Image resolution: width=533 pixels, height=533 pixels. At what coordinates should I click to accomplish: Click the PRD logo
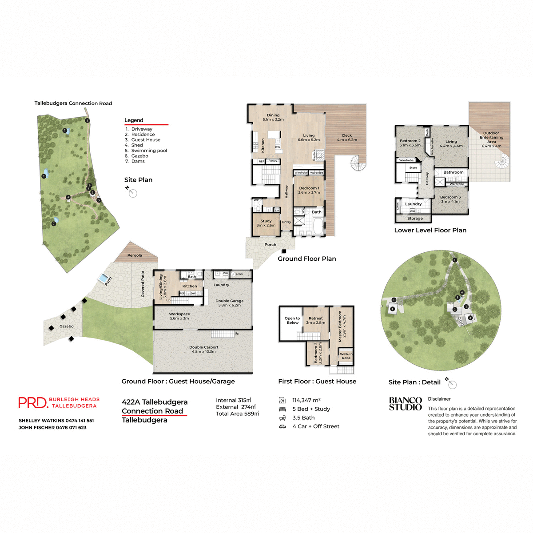coord(33,402)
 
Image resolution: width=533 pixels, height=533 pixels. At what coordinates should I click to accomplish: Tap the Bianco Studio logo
coord(405,404)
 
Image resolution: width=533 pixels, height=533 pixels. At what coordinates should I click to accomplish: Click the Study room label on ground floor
coord(266,223)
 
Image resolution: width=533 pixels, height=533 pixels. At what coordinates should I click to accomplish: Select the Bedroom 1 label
coord(309,190)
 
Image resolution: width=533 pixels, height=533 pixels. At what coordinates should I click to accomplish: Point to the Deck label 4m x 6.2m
coord(347,138)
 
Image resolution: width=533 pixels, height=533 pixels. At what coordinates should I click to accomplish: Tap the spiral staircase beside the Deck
coord(358,163)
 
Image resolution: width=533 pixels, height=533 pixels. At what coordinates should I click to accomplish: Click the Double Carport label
coord(203,349)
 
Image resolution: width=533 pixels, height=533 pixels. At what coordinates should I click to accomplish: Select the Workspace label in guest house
coord(179,316)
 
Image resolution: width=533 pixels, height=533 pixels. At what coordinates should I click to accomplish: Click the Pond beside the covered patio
coord(105,279)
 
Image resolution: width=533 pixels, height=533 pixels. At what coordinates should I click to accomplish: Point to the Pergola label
coord(135,255)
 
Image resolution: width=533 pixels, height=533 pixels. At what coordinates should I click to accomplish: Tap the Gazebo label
coord(67,326)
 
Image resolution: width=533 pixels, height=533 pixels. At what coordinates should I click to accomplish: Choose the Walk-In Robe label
coord(346,356)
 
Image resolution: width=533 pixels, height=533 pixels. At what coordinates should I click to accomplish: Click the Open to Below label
coord(292,320)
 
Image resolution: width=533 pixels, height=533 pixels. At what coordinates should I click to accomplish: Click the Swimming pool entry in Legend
coord(149,151)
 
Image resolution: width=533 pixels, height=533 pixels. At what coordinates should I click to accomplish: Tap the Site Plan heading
coord(138,180)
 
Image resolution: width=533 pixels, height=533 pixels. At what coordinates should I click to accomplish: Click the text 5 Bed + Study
coord(311,409)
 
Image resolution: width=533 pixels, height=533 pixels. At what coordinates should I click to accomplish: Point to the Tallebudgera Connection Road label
coord(73,103)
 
